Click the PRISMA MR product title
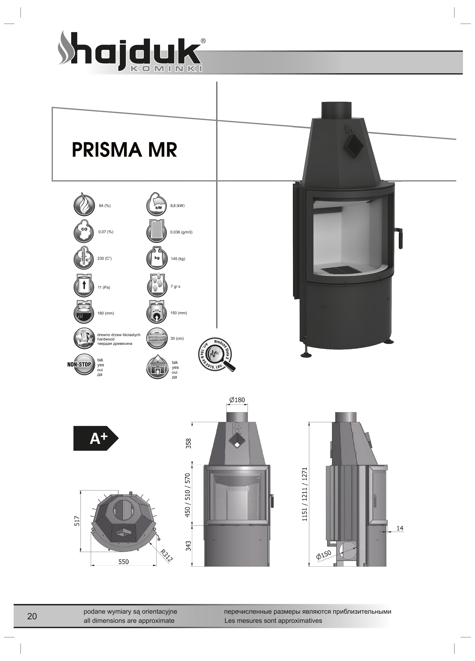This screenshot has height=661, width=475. coord(124,150)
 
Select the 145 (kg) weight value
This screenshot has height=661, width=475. coord(178,259)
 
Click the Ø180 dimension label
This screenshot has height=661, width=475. coord(237,400)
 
